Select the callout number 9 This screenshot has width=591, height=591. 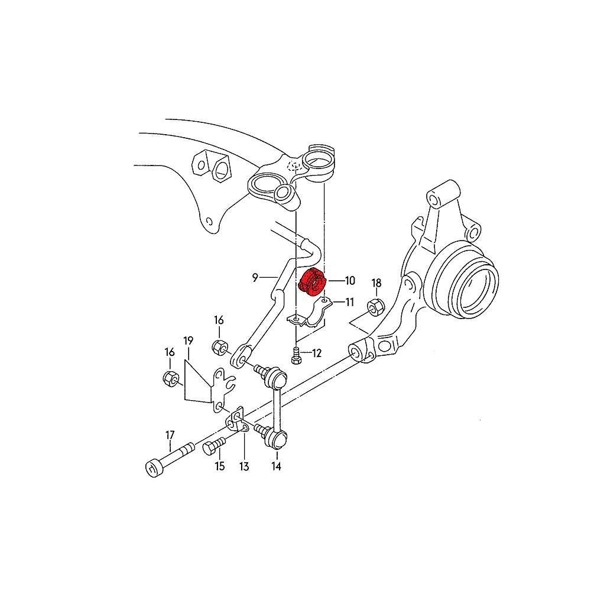tap(255, 277)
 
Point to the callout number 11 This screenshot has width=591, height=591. tap(349, 303)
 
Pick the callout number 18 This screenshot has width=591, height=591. tap(376, 282)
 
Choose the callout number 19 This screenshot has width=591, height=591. tap(189, 340)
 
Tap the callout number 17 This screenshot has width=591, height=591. tap(170, 435)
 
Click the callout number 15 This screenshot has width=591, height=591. tap(219, 467)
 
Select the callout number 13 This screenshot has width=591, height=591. tap(244, 467)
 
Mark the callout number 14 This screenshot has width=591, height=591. tap(276, 467)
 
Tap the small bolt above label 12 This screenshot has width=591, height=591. tap(297, 355)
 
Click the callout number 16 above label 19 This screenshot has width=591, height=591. tap(219, 320)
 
